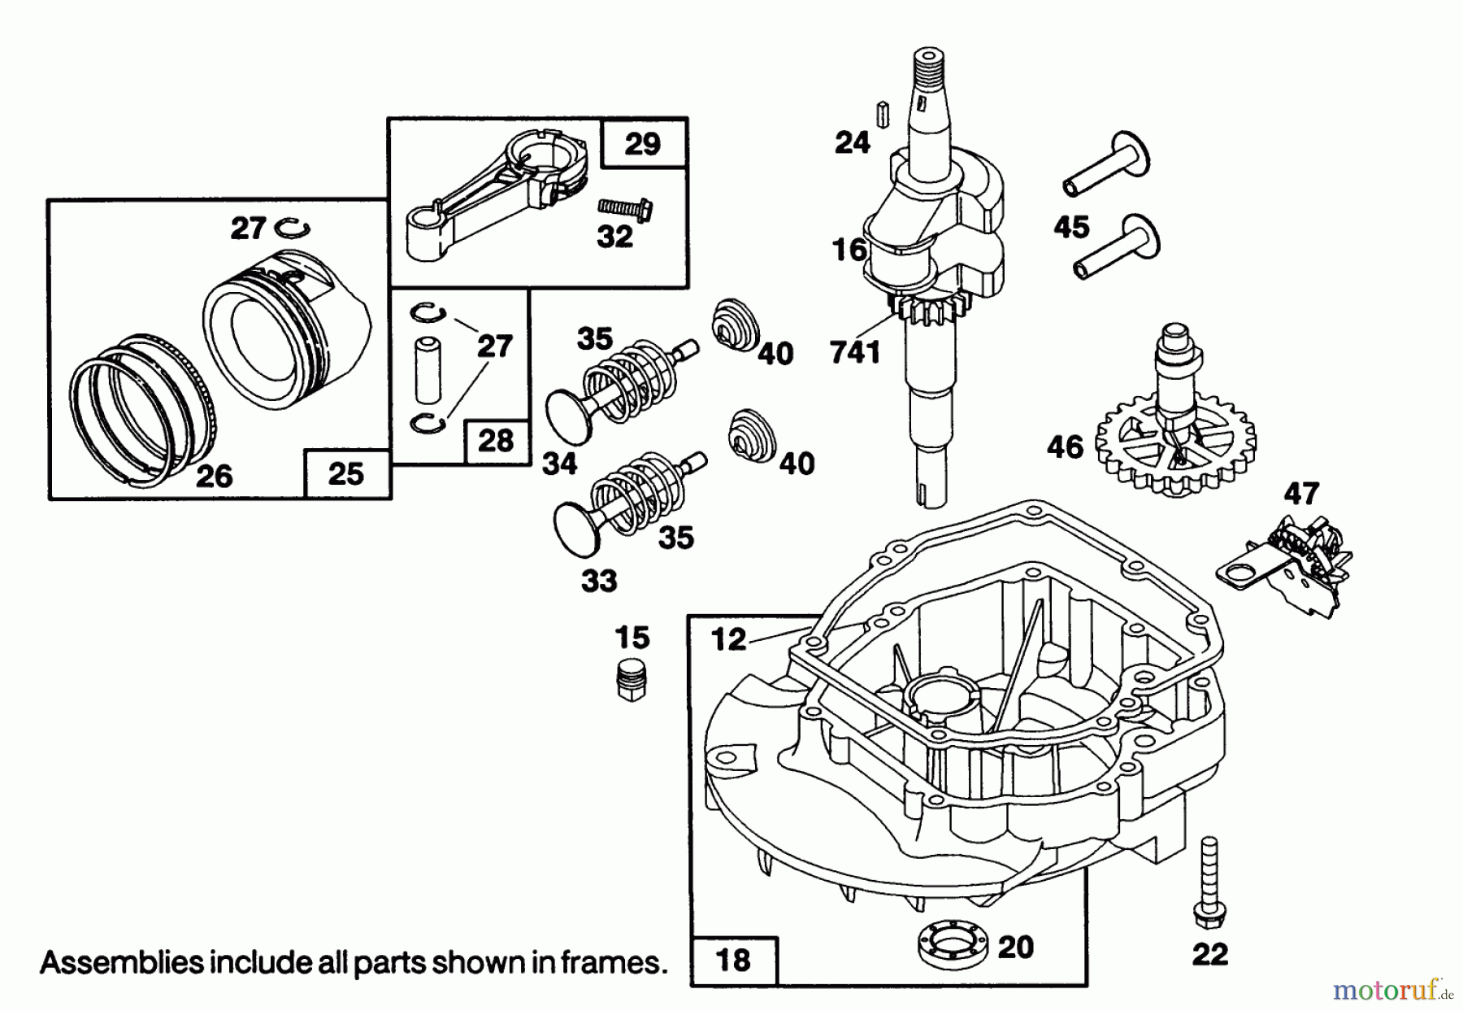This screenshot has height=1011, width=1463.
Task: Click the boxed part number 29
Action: (643, 144)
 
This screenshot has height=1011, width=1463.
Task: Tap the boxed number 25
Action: (346, 473)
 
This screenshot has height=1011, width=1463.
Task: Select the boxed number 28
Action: (496, 441)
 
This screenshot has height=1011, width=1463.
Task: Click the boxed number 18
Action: (733, 960)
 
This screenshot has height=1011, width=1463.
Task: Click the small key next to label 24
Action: (881, 112)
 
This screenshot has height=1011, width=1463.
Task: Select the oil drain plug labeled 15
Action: (632, 681)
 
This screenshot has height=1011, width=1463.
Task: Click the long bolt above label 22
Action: (1209, 887)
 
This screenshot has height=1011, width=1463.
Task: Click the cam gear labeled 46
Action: (1174, 447)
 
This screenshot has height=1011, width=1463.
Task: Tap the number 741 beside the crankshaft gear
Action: (855, 352)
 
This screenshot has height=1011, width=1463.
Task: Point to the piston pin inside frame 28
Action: (426, 371)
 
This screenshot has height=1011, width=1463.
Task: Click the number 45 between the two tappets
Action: (1071, 227)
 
